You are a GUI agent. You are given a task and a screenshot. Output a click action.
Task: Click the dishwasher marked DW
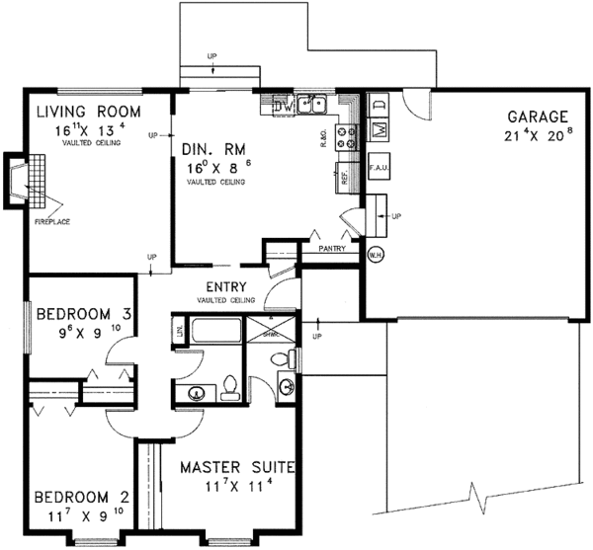279,103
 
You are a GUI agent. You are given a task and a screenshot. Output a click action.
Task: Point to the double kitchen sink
314,103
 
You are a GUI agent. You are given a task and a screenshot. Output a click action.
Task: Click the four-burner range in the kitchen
346,137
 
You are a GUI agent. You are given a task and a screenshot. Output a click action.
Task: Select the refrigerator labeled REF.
346,178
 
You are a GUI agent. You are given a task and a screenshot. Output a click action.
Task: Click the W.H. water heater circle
376,254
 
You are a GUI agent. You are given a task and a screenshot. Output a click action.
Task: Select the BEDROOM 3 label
84,315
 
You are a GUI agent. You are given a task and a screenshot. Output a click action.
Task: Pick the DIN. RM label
209,149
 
